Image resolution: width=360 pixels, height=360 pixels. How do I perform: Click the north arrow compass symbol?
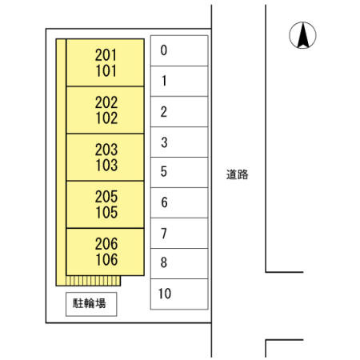(x=302, y=35)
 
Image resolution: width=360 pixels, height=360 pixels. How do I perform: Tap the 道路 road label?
(x=237, y=174)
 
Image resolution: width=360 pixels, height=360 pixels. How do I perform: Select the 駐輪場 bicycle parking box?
(x=91, y=304)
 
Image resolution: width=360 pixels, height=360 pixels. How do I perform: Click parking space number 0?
(x=179, y=50)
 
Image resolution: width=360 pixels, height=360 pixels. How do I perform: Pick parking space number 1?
(x=179, y=81)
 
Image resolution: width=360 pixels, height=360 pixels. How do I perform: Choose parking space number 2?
(x=179, y=111)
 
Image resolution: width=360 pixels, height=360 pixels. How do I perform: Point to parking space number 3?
(x=179, y=142)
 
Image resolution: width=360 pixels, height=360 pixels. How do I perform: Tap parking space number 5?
(x=179, y=172)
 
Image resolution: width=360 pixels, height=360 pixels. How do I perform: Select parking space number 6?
(x=179, y=202)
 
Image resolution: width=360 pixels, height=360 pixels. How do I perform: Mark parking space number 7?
(x=179, y=233)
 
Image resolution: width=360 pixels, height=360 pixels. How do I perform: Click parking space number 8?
(x=179, y=263)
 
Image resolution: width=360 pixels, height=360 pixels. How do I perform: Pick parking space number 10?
(x=179, y=294)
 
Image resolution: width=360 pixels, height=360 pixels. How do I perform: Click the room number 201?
(x=106, y=55)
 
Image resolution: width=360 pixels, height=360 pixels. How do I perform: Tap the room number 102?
(x=106, y=118)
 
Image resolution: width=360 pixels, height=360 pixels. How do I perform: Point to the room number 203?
(x=106, y=150)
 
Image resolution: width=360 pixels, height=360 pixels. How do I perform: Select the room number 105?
(x=106, y=213)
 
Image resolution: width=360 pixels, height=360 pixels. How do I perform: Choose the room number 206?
(x=106, y=244)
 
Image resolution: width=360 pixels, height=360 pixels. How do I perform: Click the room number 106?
(x=106, y=259)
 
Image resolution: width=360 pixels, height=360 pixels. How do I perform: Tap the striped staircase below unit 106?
(x=93, y=281)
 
